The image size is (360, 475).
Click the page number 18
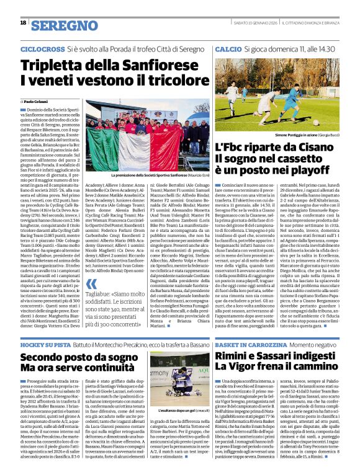click(x=23, y=23)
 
